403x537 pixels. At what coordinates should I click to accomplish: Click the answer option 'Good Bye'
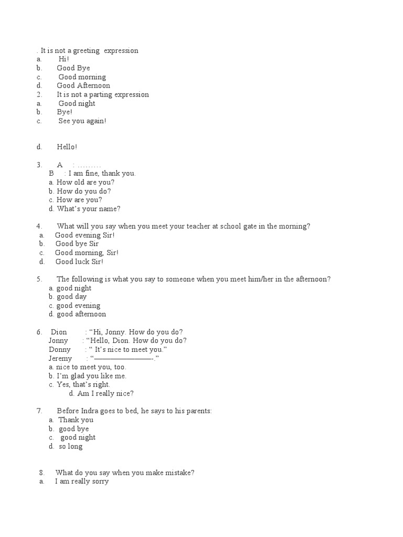click(73, 68)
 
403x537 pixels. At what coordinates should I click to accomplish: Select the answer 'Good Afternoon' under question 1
click(83, 85)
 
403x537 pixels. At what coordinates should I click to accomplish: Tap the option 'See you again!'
click(82, 121)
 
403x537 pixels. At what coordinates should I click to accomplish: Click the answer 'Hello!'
click(67, 147)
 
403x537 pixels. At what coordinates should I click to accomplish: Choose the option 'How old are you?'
click(86, 182)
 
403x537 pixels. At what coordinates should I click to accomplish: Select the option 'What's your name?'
click(88, 209)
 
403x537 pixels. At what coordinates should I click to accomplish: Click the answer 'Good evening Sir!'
click(84, 235)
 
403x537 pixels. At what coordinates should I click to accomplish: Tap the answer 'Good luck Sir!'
click(79, 262)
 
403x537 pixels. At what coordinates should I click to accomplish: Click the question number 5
click(39, 280)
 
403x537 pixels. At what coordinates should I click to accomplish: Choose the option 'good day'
click(71, 297)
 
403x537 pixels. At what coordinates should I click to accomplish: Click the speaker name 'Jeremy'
click(60, 359)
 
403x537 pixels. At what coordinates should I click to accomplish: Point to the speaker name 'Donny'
click(60, 350)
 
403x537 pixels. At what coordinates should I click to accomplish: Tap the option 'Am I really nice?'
click(105, 394)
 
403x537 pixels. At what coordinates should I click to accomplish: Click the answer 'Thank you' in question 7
click(76, 420)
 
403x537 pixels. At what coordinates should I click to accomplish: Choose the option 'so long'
click(74, 447)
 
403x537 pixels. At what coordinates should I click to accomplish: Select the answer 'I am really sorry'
click(82, 481)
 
